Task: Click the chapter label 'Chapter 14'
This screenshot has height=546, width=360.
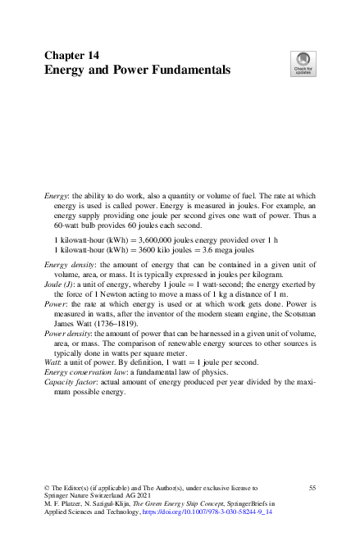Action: [71, 55]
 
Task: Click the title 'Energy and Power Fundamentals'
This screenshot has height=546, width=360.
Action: [137, 71]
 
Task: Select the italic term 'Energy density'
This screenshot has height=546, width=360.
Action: [70, 266]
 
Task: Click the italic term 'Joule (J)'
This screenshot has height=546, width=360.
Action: [60, 288]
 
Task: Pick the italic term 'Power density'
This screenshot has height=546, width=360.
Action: [69, 335]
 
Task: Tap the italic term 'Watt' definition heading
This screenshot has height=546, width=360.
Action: [53, 367]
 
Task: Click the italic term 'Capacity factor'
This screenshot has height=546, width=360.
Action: [71, 389]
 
